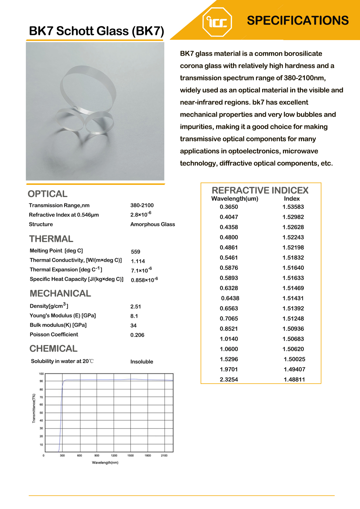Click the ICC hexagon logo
217,22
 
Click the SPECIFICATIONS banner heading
298,21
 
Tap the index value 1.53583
293,207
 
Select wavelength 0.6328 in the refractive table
229,288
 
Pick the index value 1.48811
294,380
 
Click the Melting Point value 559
136,252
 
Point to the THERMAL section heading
51,239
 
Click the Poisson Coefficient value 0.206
137,335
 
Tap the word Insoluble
142,362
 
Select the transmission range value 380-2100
142,205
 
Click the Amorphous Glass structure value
153,224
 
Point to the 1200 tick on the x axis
114,455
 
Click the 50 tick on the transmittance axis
41,413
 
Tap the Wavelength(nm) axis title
105,463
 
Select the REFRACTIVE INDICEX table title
260,190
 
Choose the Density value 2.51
136,306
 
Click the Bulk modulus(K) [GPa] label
58,325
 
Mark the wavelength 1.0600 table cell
229,349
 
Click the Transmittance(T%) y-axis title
34,408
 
